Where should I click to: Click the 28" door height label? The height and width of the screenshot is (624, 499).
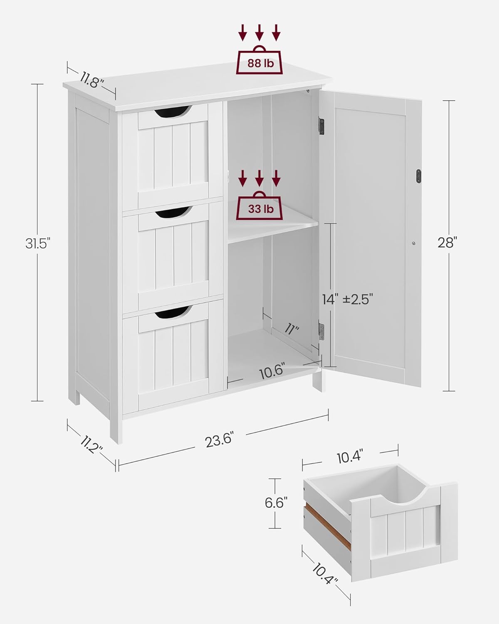(x=447, y=243)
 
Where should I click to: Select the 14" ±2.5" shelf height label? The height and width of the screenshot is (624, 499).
(x=348, y=299)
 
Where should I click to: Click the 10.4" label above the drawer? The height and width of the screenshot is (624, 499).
(x=350, y=458)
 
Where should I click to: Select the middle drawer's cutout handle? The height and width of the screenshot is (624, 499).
(x=173, y=213)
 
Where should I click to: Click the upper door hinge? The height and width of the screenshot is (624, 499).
(x=321, y=126)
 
